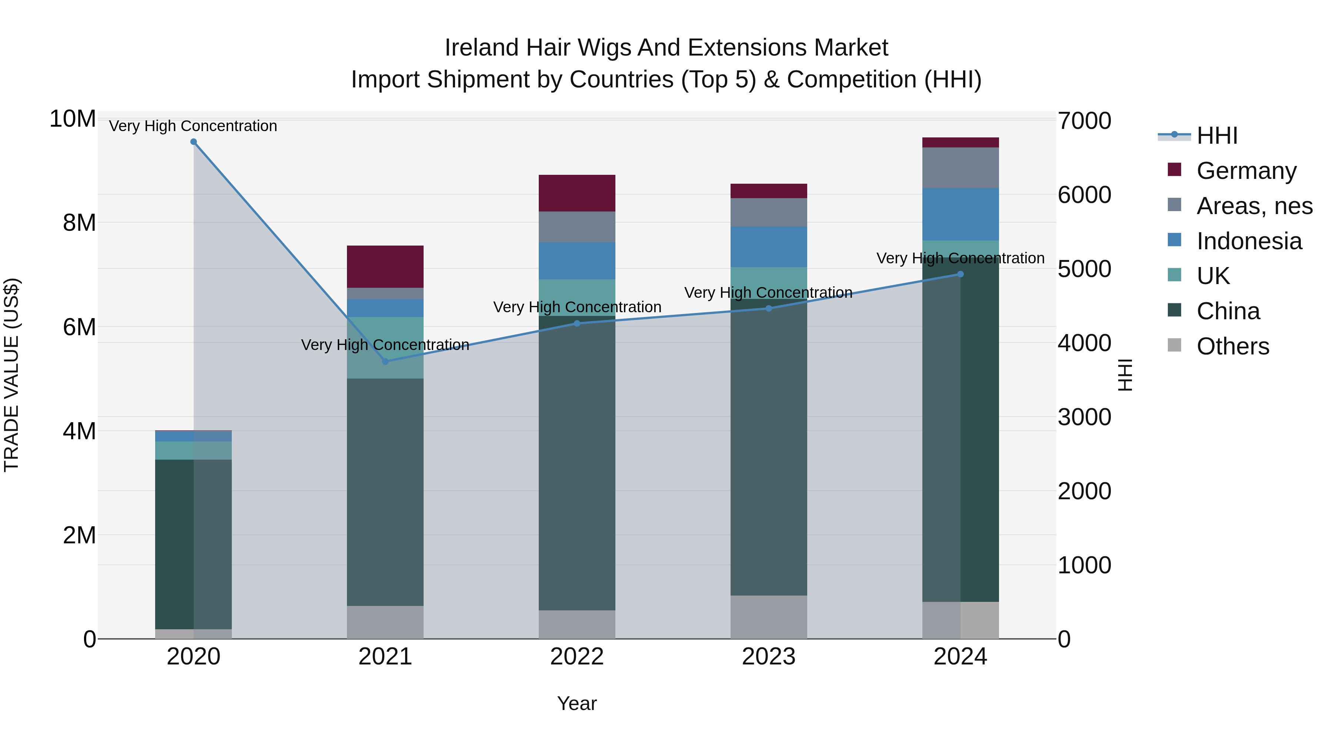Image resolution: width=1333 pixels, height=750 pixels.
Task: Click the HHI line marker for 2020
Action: [194, 142]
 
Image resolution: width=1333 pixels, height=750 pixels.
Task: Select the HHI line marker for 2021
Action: [385, 361]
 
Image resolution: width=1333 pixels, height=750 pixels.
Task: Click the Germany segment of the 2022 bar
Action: [577, 193]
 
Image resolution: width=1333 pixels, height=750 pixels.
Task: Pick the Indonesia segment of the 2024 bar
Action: [961, 214]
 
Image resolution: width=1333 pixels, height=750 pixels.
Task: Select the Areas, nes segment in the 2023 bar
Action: [768, 212]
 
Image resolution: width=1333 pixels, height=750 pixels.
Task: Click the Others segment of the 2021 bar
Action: [385, 622]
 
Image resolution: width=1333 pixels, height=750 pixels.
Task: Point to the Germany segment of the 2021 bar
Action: [385, 267]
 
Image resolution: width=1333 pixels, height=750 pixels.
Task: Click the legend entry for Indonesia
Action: [1249, 241]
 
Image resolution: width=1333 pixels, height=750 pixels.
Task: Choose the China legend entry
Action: [1228, 311]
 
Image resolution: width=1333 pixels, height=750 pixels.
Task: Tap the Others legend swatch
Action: [1175, 345]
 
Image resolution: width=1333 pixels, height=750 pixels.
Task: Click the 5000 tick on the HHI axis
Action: [1084, 269]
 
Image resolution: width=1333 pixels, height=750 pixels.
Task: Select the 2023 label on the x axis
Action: [768, 657]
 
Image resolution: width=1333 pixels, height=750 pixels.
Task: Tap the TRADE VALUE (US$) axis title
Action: [11, 375]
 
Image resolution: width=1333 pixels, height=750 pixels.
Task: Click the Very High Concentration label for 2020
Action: [193, 126]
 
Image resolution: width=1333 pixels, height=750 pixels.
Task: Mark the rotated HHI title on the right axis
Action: [1126, 375]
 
